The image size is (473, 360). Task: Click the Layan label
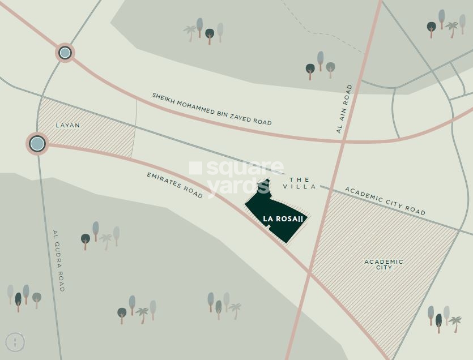67,125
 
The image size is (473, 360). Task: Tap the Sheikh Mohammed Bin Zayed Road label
211,109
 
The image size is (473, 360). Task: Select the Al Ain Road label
344,109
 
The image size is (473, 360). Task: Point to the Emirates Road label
174,185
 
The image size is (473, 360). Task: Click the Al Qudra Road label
58,260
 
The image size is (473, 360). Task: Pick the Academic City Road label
385,201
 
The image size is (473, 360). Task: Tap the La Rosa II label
283,219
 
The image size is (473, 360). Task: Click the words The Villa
300,183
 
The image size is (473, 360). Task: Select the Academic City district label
383,264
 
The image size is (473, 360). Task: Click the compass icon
15,342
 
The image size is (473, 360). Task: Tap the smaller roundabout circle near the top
65,53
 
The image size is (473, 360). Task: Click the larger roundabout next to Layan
37,143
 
